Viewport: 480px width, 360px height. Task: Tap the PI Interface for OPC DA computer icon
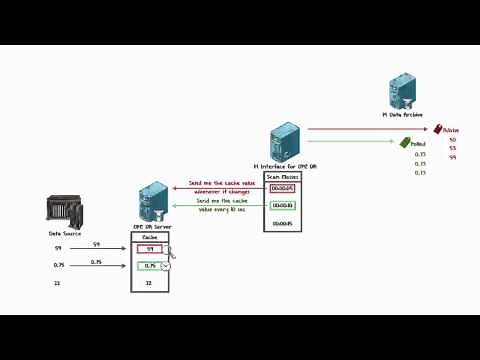tap(284, 141)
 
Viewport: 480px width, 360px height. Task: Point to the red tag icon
tap(436, 128)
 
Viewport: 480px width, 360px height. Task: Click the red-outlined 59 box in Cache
tap(150, 248)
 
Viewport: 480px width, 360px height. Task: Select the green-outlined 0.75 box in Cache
tap(148, 265)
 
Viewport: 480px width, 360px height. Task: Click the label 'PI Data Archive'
tap(402, 115)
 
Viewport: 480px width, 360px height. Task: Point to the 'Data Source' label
tap(63, 233)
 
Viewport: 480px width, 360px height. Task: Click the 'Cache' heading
tap(150, 237)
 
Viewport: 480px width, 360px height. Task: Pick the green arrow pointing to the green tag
tap(350, 143)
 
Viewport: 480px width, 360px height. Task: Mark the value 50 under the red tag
tap(452, 139)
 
